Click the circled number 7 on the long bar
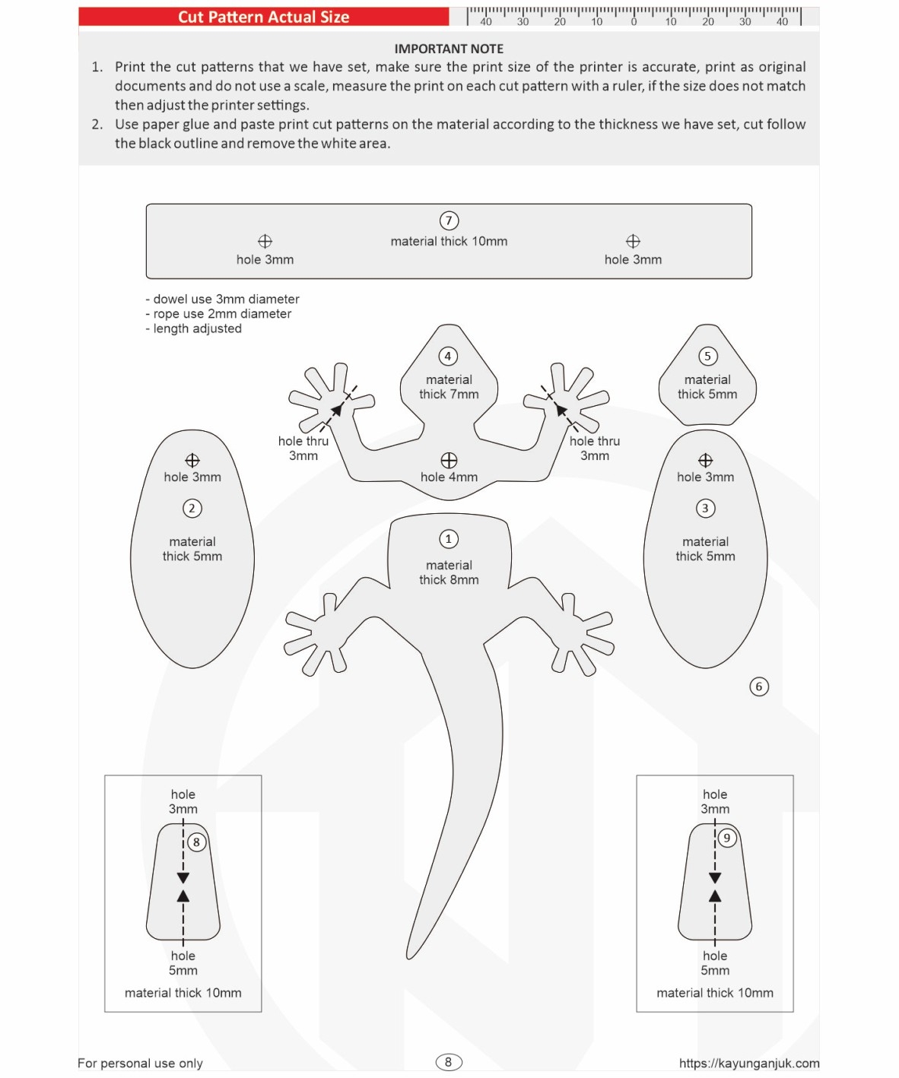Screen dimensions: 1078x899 point(449,220)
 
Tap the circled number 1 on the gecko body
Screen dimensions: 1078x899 point(449,539)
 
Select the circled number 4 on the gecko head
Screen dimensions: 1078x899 point(448,356)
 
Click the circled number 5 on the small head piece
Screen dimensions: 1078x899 point(707,356)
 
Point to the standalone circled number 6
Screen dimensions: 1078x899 point(758,686)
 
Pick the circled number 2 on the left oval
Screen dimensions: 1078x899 point(192,508)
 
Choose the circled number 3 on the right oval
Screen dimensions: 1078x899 point(705,508)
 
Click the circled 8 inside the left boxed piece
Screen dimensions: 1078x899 point(196,842)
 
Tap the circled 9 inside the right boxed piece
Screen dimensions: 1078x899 point(727,838)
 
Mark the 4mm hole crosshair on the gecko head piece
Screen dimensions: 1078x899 point(449,460)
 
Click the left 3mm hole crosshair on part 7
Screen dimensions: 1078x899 point(265,241)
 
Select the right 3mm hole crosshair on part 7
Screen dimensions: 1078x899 point(633,241)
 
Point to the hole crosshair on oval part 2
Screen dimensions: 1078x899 point(192,460)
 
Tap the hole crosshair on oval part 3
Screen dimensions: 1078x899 point(705,460)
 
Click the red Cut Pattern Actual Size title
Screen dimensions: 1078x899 point(263,17)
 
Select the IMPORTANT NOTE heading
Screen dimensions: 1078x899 point(449,49)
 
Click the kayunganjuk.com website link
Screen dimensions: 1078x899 point(749,1063)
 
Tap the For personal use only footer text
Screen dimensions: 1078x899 point(141,1063)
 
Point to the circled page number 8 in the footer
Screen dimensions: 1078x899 point(448,1062)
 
